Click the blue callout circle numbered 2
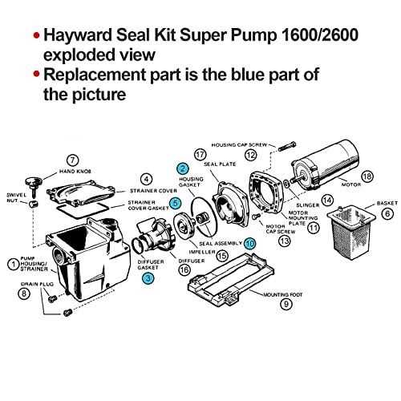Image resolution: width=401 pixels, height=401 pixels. [183, 168]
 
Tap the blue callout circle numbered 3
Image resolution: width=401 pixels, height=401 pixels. [148, 277]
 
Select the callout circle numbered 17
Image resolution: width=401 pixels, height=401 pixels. [200, 152]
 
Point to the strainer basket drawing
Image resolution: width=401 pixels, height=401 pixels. [355, 236]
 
